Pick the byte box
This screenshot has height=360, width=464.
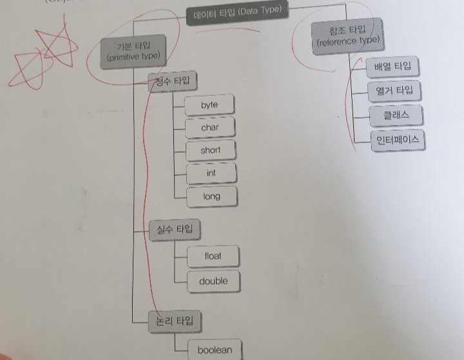tap(209, 105)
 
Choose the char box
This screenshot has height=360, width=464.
tap(210, 128)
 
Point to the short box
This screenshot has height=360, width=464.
tap(210, 150)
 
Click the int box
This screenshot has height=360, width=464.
tap(211, 173)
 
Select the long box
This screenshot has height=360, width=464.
tap(211, 196)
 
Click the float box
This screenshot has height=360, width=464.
tap(213, 256)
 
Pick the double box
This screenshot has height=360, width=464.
tap(213, 281)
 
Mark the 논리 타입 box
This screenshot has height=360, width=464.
tap(174, 320)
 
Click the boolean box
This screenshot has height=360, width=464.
tap(214, 350)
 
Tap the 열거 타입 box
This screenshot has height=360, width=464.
tap(394, 91)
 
